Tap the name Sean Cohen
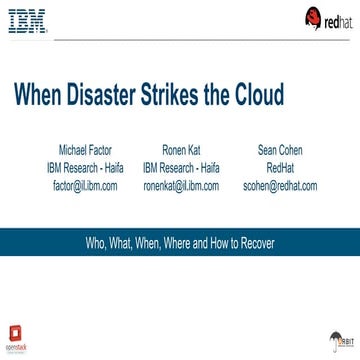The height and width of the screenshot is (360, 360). [x=280, y=126]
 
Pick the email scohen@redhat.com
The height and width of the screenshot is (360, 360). [x=280, y=157]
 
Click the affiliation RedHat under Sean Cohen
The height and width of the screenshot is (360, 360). [x=280, y=141]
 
